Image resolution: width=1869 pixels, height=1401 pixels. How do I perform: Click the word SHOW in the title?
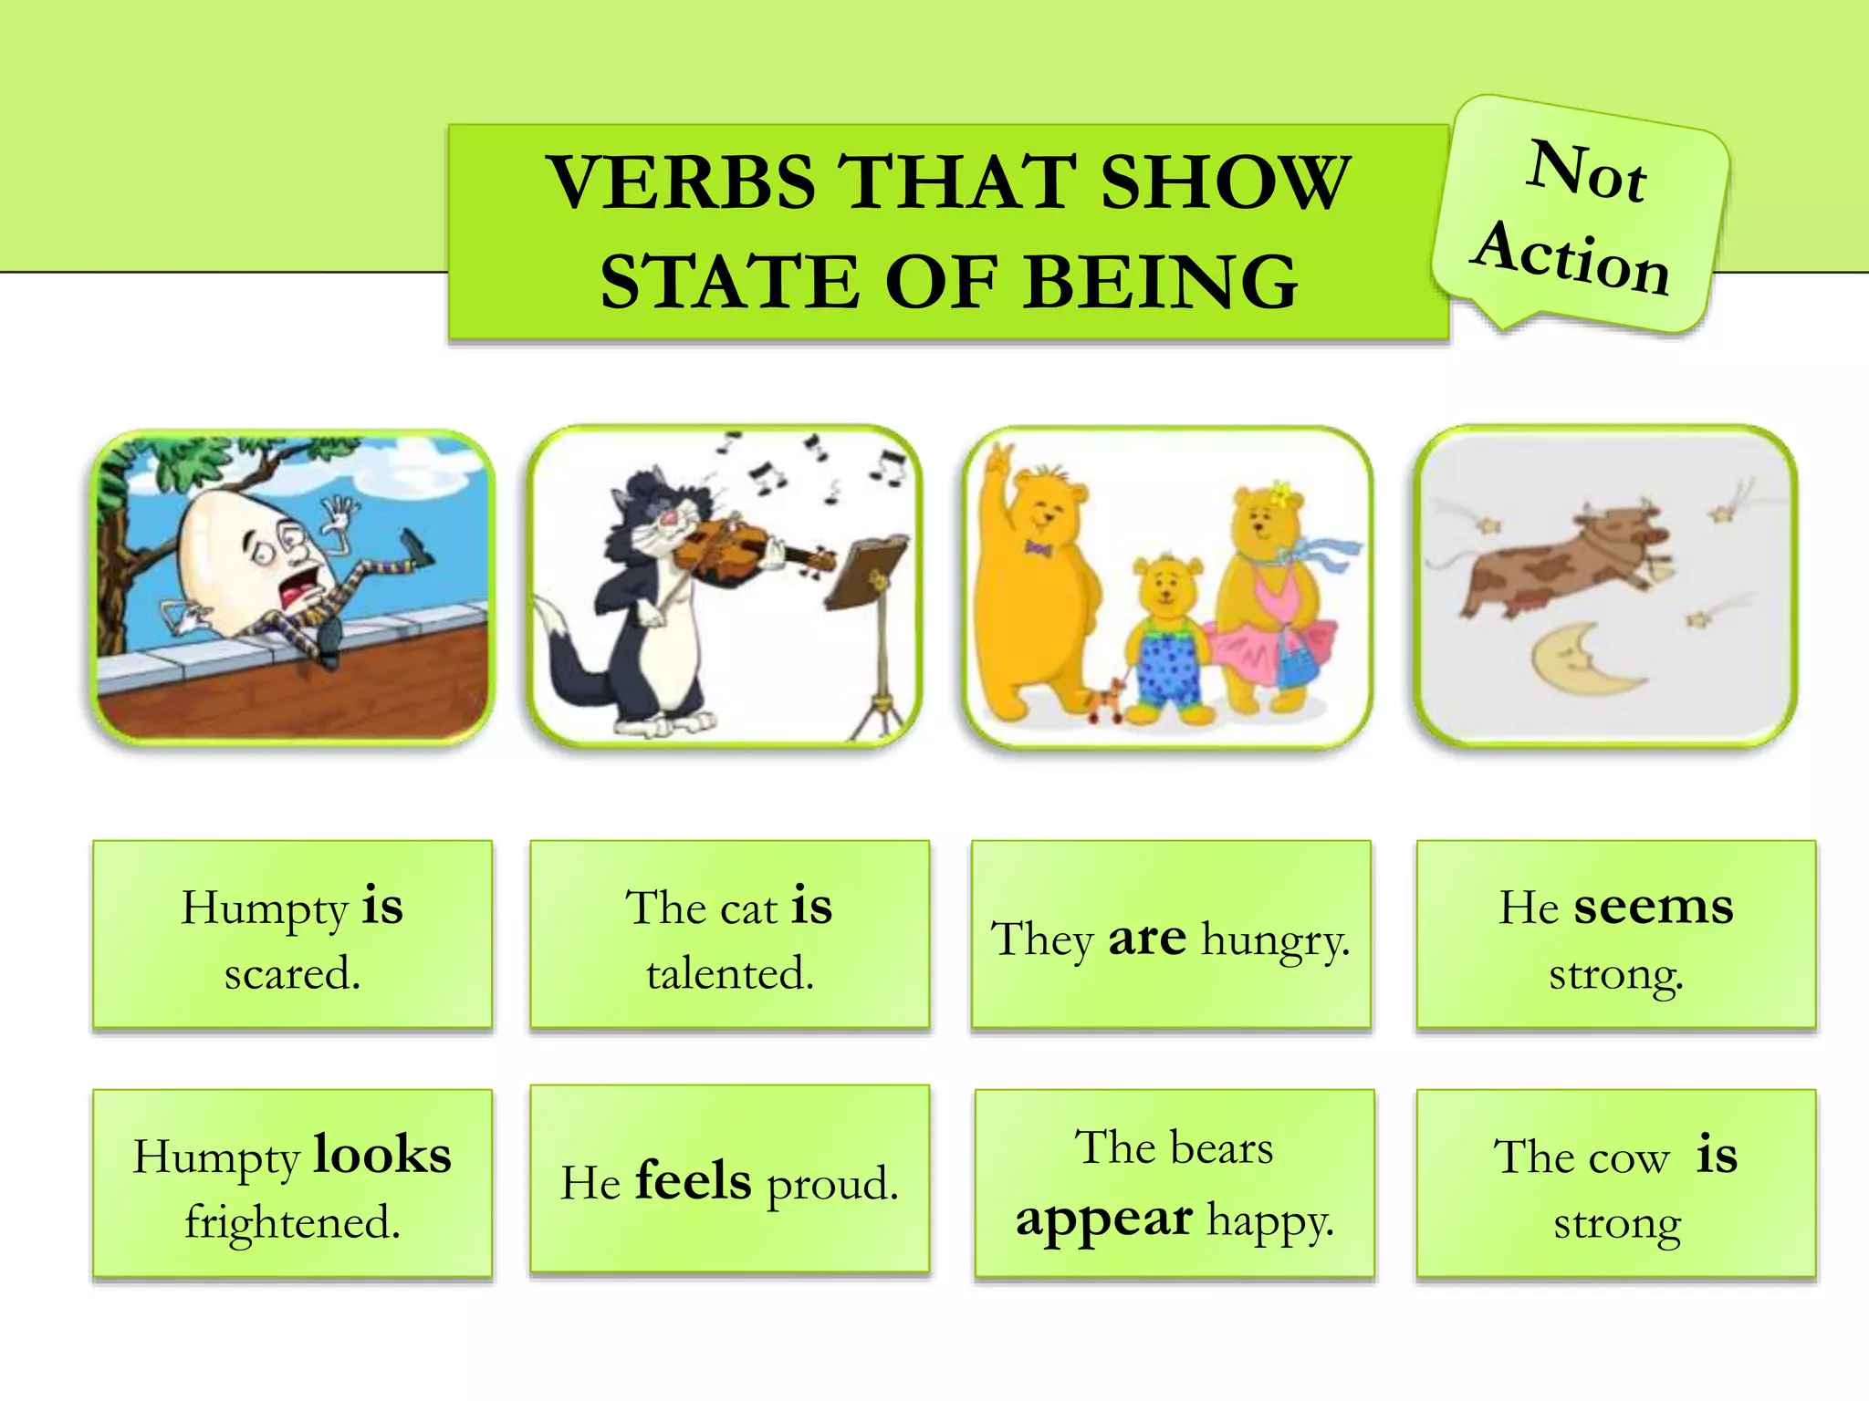(x=1224, y=182)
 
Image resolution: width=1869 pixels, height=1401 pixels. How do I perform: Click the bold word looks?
(x=382, y=1155)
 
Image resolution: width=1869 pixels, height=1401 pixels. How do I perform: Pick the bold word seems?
(x=1653, y=907)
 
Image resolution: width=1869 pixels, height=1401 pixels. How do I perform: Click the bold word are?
(x=1147, y=938)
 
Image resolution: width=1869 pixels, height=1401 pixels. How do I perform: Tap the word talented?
(x=730, y=973)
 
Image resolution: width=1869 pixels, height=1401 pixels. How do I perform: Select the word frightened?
(x=292, y=1222)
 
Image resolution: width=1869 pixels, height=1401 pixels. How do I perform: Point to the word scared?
(x=292, y=973)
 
